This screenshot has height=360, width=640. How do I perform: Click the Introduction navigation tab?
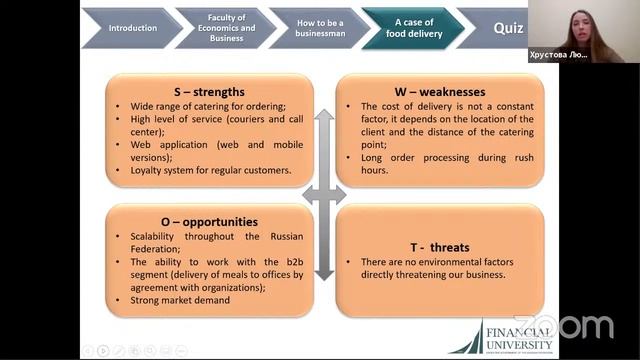click(x=133, y=28)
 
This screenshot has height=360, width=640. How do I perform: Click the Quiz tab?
click(x=508, y=28)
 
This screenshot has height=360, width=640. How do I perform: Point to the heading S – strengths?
click(x=209, y=92)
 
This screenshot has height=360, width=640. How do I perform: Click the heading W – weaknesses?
click(x=440, y=92)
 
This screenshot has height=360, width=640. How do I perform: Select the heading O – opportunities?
click(x=209, y=221)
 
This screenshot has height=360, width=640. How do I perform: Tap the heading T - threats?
click(x=440, y=247)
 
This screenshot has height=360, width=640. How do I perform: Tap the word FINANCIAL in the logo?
click(x=519, y=331)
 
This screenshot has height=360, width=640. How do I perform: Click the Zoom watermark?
click(x=578, y=326)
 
